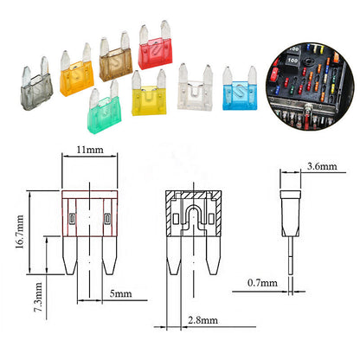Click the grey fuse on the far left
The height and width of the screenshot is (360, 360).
(x=33, y=84)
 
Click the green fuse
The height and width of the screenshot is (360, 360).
(x=104, y=108)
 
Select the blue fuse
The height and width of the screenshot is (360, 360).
(x=239, y=93)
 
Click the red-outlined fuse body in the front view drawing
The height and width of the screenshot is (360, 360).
(x=89, y=215)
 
